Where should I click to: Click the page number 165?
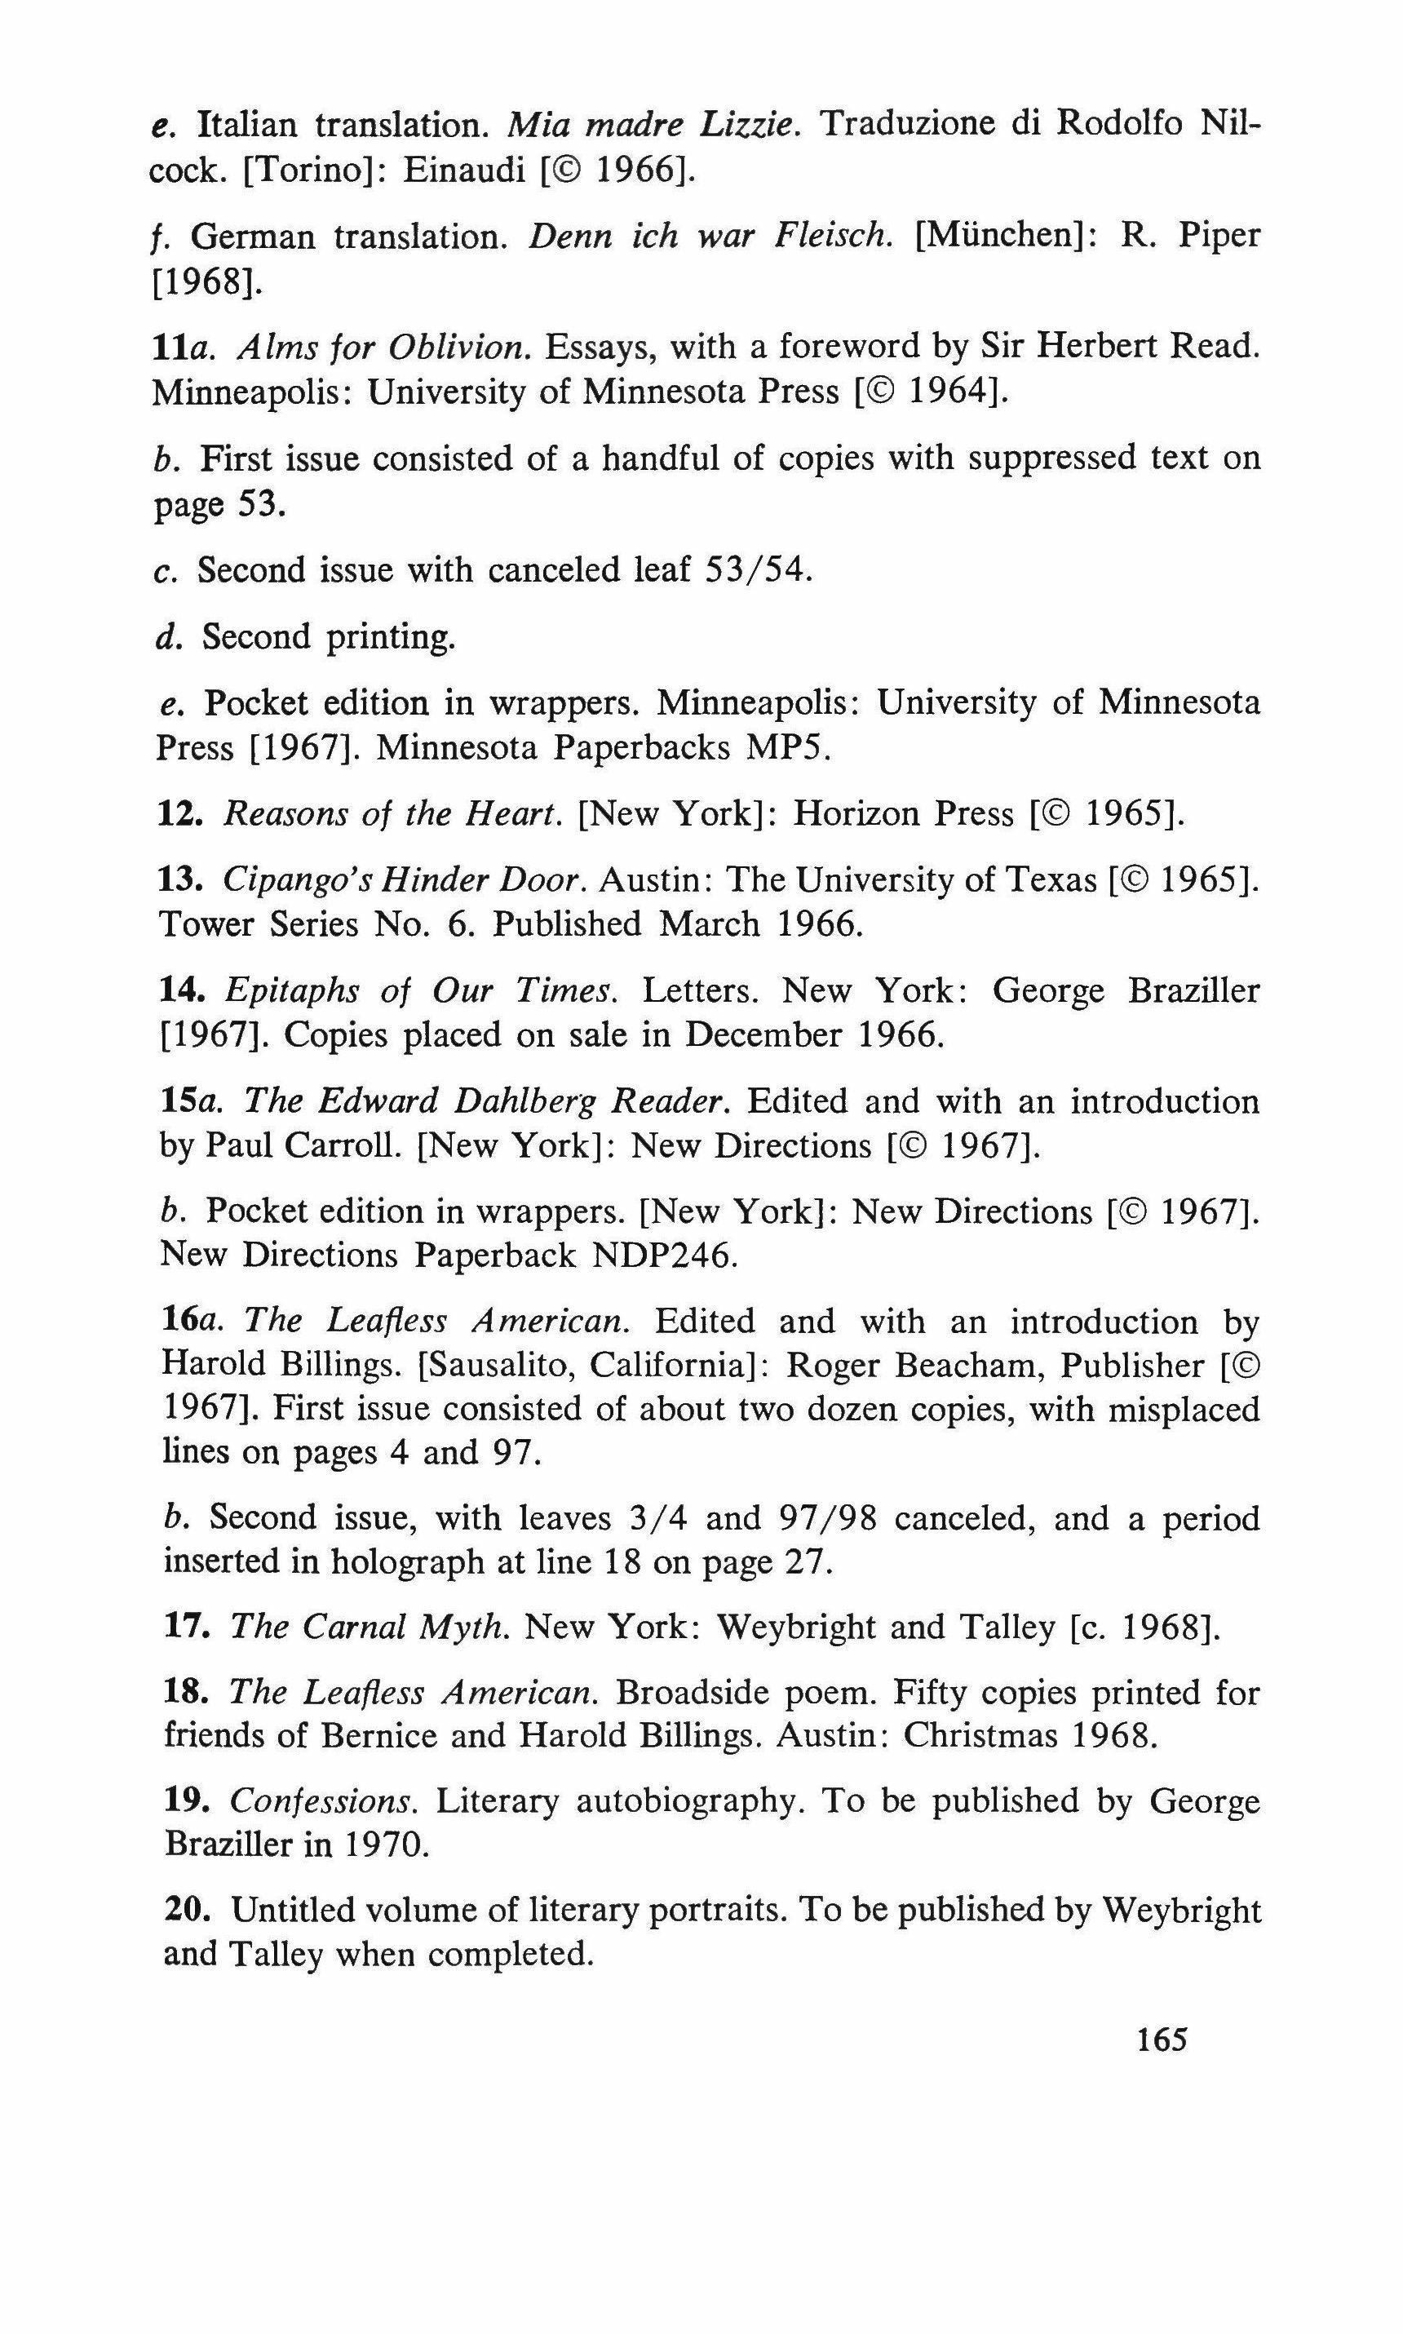(1161, 2040)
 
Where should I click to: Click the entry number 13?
(179, 880)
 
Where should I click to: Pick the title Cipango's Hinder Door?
(405, 880)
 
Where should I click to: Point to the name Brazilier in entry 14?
(1193, 990)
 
